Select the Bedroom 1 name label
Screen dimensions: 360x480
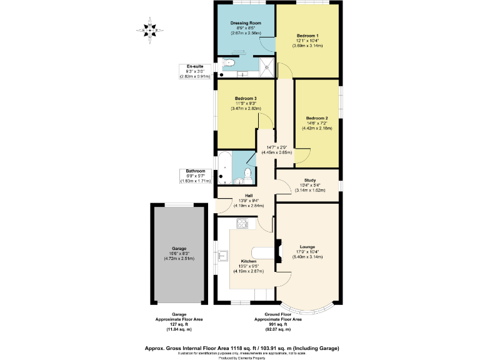pos(308,35)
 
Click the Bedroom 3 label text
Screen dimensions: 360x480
pos(246,99)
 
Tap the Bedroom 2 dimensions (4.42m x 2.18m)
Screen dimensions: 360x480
pos(317,128)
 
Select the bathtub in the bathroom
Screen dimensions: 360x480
pos(224,169)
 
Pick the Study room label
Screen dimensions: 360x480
pos(310,180)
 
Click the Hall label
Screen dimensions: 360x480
pos(249,195)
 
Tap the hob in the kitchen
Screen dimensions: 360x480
pos(242,223)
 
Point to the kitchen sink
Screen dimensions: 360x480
pos(222,255)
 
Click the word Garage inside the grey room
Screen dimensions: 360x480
pos(179,248)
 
